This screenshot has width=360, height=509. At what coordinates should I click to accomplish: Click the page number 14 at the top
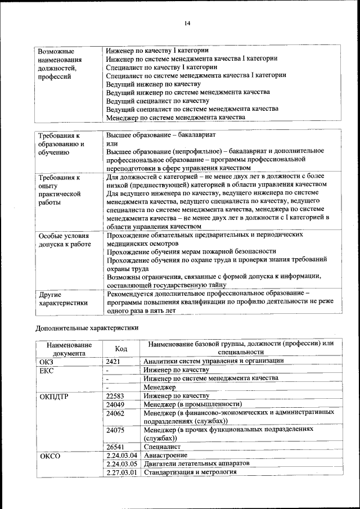[187, 22]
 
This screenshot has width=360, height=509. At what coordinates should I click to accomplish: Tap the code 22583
[115, 396]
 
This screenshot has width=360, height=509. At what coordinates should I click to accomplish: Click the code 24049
[115, 404]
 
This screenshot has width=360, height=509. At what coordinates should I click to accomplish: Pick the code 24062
[115, 413]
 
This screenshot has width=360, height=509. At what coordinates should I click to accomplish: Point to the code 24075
[115, 430]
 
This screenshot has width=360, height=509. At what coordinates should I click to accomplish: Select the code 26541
[115, 447]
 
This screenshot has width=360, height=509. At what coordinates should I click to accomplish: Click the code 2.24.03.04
[121, 455]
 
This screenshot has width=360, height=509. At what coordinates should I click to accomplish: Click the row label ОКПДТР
[54, 396]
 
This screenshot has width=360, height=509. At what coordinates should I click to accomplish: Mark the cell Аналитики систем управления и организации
[213, 361]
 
